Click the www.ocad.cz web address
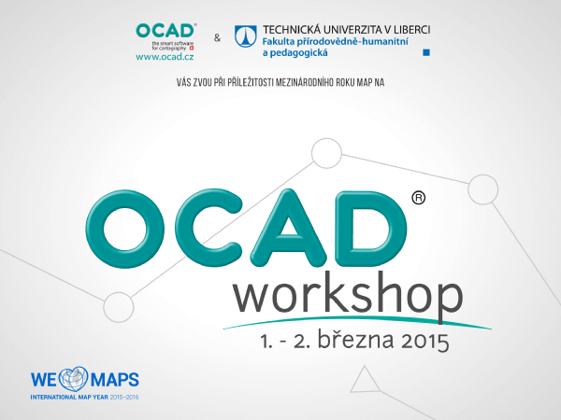pyautogui.click(x=165, y=56)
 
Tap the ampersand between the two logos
pyautogui.click(x=217, y=37)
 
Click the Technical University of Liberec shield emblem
pyautogui.click(x=245, y=36)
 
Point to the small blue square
pyautogui.click(x=426, y=52)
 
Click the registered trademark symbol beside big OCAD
pyautogui.click(x=418, y=198)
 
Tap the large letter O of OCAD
pyautogui.click(x=125, y=229)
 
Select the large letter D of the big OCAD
pyautogui.click(x=372, y=229)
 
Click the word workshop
pyautogui.click(x=348, y=295)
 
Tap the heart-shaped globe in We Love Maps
pyautogui.click(x=73, y=379)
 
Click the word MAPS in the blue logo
pyautogui.click(x=114, y=380)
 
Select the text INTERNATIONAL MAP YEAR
pyautogui.click(x=69, y=398)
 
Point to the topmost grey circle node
pyautogui.click(x=326, y=153)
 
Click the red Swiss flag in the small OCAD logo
pyautogui.click(x=192, y=48)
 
